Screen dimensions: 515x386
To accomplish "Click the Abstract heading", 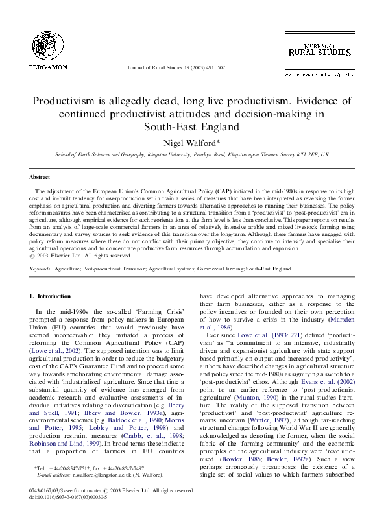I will point(41,176).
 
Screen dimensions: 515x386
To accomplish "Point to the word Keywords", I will point(40,267).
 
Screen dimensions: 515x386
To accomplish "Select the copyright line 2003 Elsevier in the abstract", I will point(76,256).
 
